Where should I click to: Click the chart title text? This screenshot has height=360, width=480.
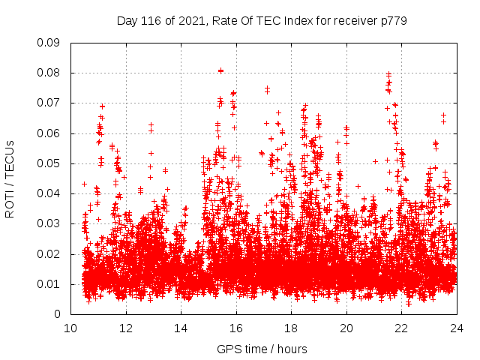[262, 21]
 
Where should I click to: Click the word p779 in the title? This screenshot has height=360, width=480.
[392, 21]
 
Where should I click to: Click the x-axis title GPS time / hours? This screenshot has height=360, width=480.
[262, 349]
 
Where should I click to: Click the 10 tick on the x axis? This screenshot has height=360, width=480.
[70, 328]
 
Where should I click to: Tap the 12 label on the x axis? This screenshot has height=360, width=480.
[126, 328]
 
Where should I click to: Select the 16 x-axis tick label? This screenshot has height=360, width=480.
[236, 328]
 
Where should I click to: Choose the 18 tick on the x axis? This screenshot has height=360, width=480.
[291, 328]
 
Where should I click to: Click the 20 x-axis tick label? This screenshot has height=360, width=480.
[346, 328]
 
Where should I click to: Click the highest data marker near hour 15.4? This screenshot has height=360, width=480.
[220, 70]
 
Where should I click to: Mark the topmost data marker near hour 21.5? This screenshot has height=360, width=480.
[388, 74]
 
